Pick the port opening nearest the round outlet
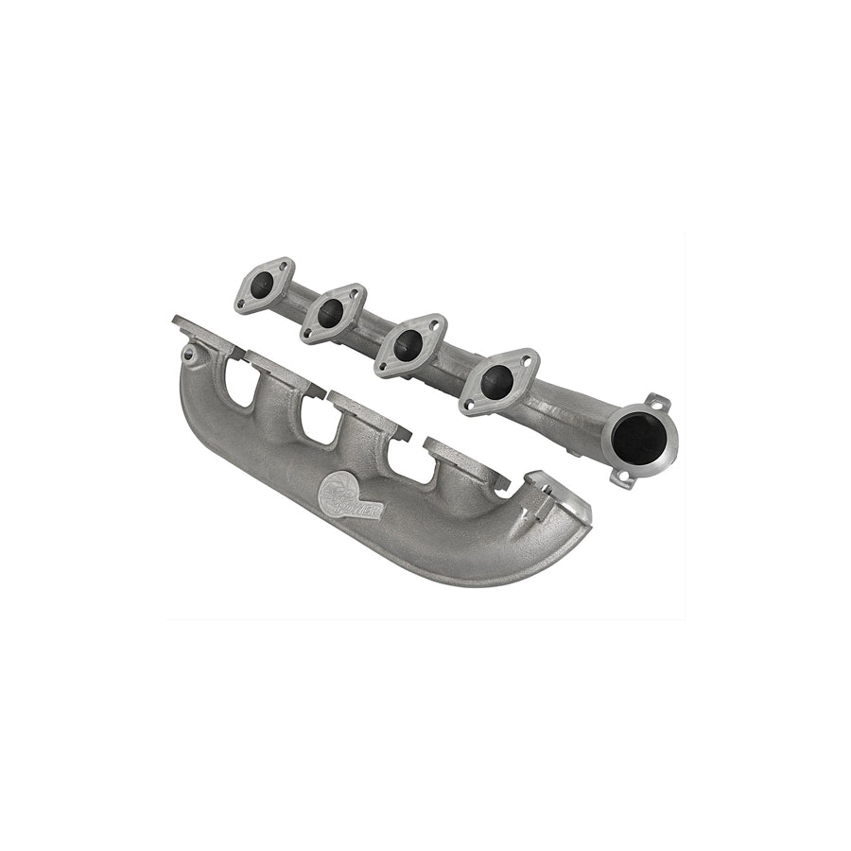[x=497, y=381]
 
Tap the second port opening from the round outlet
[x=408, y=345]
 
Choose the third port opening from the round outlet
[x=331, y=313]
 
